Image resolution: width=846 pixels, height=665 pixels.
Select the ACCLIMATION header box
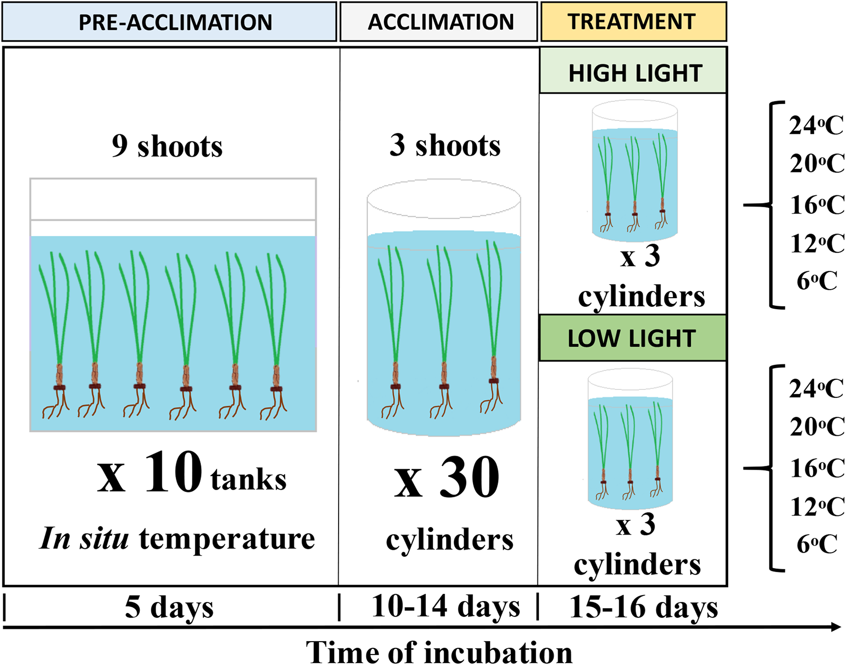click(439, 22)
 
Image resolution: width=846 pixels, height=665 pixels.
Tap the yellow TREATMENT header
click(633, 22)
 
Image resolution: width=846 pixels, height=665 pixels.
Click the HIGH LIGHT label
click(633, 73)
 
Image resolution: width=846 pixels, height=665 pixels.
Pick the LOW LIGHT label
click(632, 338)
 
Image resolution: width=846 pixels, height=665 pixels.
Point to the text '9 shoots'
click(167, 146)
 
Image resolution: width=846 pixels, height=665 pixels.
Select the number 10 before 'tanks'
click(173, 472)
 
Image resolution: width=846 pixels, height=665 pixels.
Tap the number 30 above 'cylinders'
click(469, 477)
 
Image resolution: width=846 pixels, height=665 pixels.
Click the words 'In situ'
click(84, 539)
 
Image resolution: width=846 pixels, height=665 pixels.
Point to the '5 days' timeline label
click(169, 607)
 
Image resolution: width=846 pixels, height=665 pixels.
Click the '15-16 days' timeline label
click(643, 607)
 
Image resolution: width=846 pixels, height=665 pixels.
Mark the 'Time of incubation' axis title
click(439, 652)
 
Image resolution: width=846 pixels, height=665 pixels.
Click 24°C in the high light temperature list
click(816, 126)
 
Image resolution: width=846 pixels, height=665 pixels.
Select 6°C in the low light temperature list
click(817, 544)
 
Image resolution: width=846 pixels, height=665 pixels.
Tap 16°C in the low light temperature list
click(817, 469)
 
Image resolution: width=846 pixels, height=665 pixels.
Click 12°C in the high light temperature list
click(817, 244)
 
